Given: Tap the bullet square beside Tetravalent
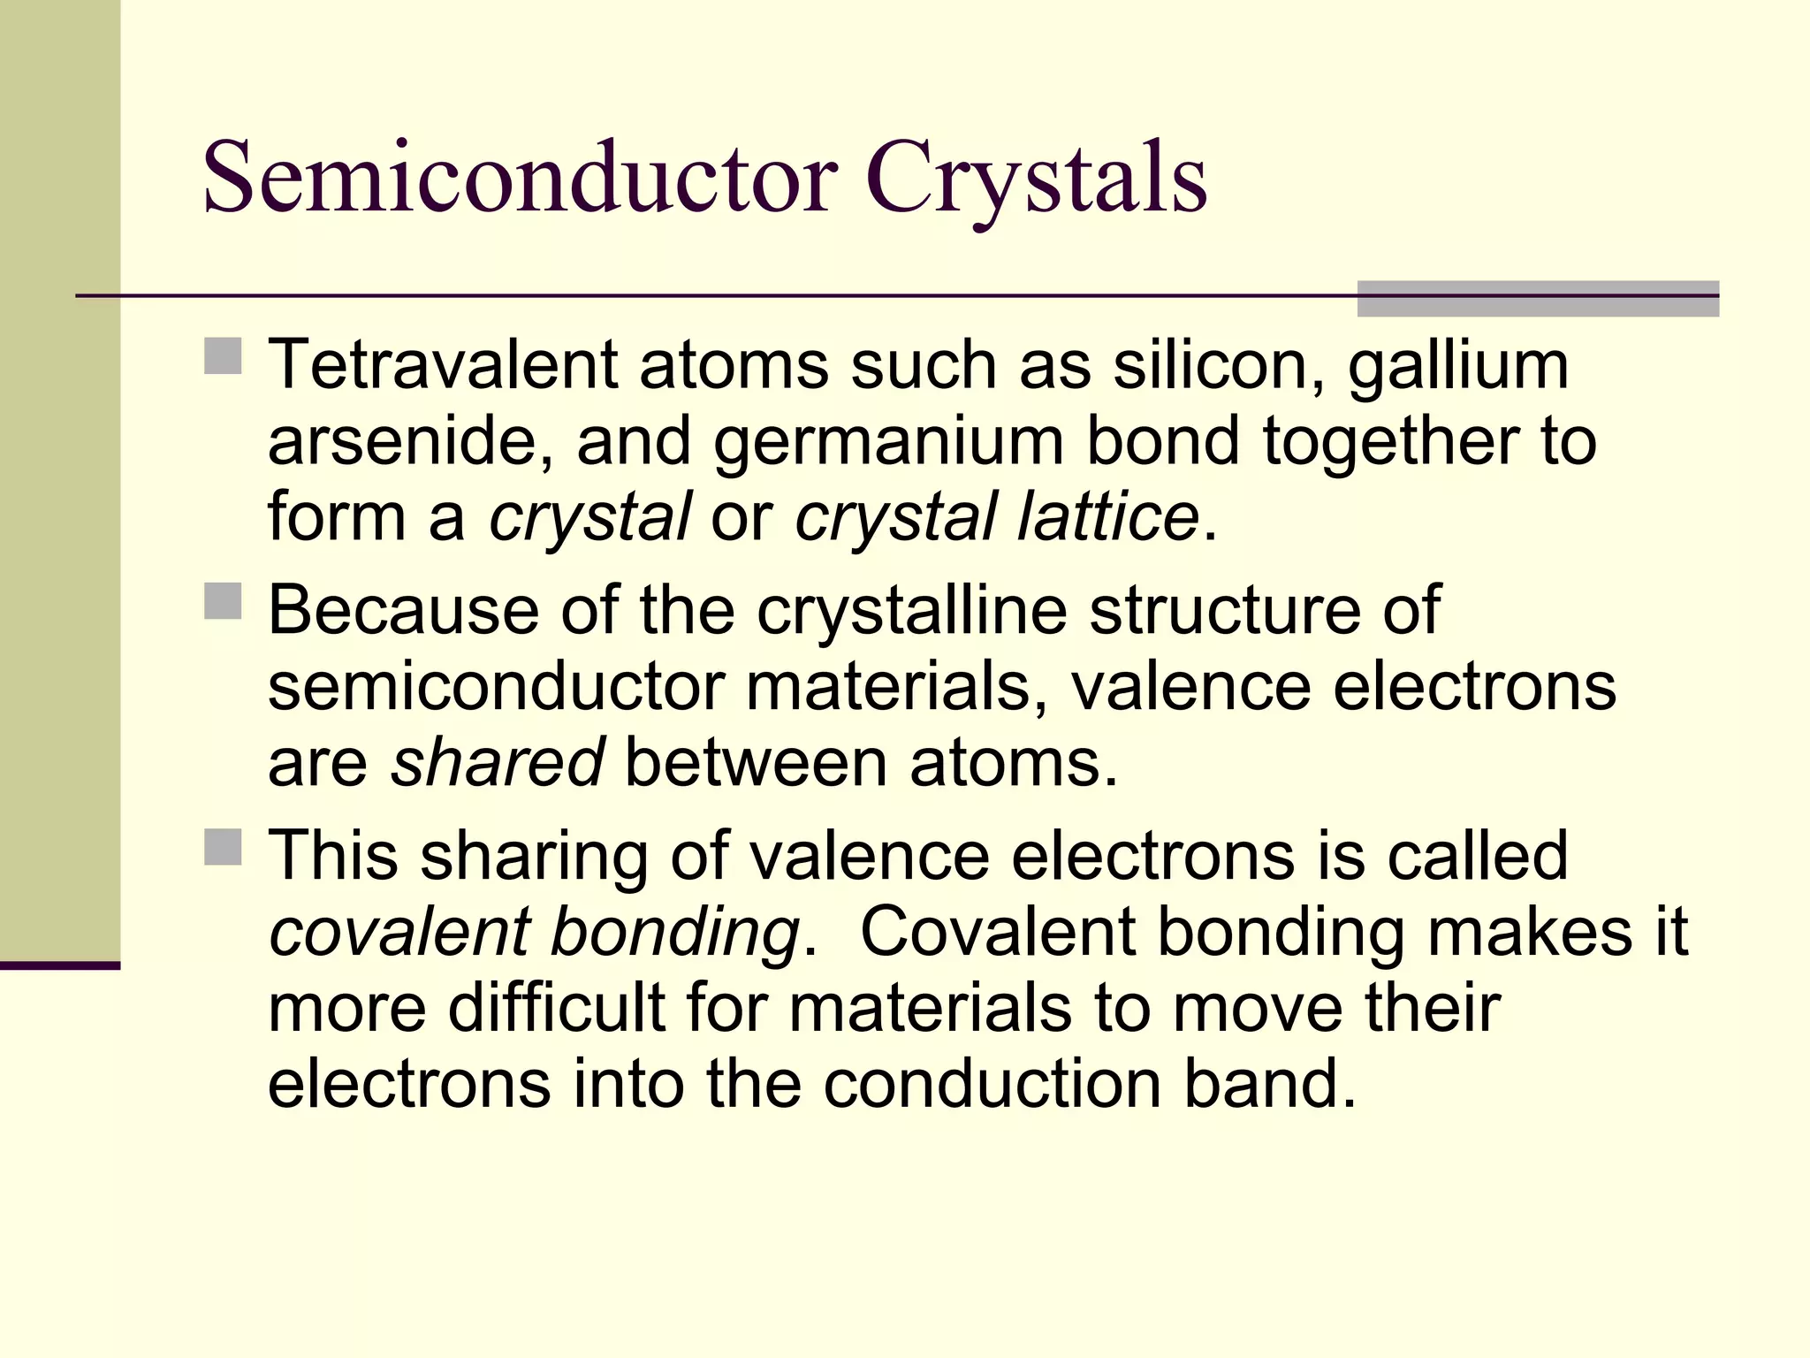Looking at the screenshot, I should (223, 356).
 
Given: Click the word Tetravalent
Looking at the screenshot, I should (442, 364).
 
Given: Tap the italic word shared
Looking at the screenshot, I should (498, 762).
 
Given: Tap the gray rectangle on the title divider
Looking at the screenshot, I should (1537, 299).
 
